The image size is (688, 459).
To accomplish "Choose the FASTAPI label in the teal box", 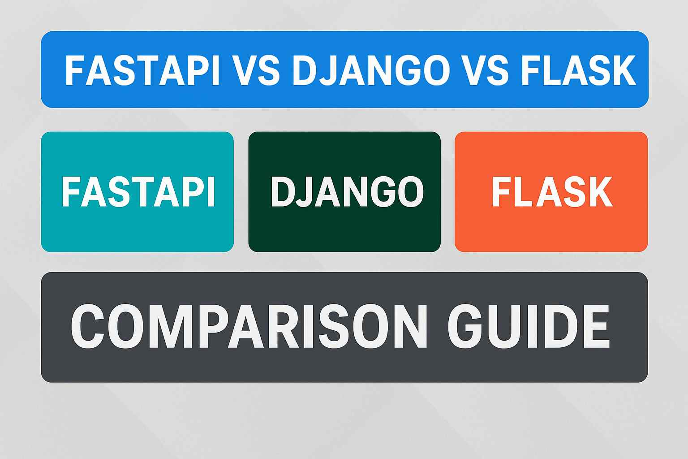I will (x=138, y=192).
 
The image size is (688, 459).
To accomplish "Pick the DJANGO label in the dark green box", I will (x=347, y=192).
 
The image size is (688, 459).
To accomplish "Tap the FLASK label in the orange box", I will (x=552, y=192).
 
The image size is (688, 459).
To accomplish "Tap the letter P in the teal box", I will (x=194, y=192).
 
